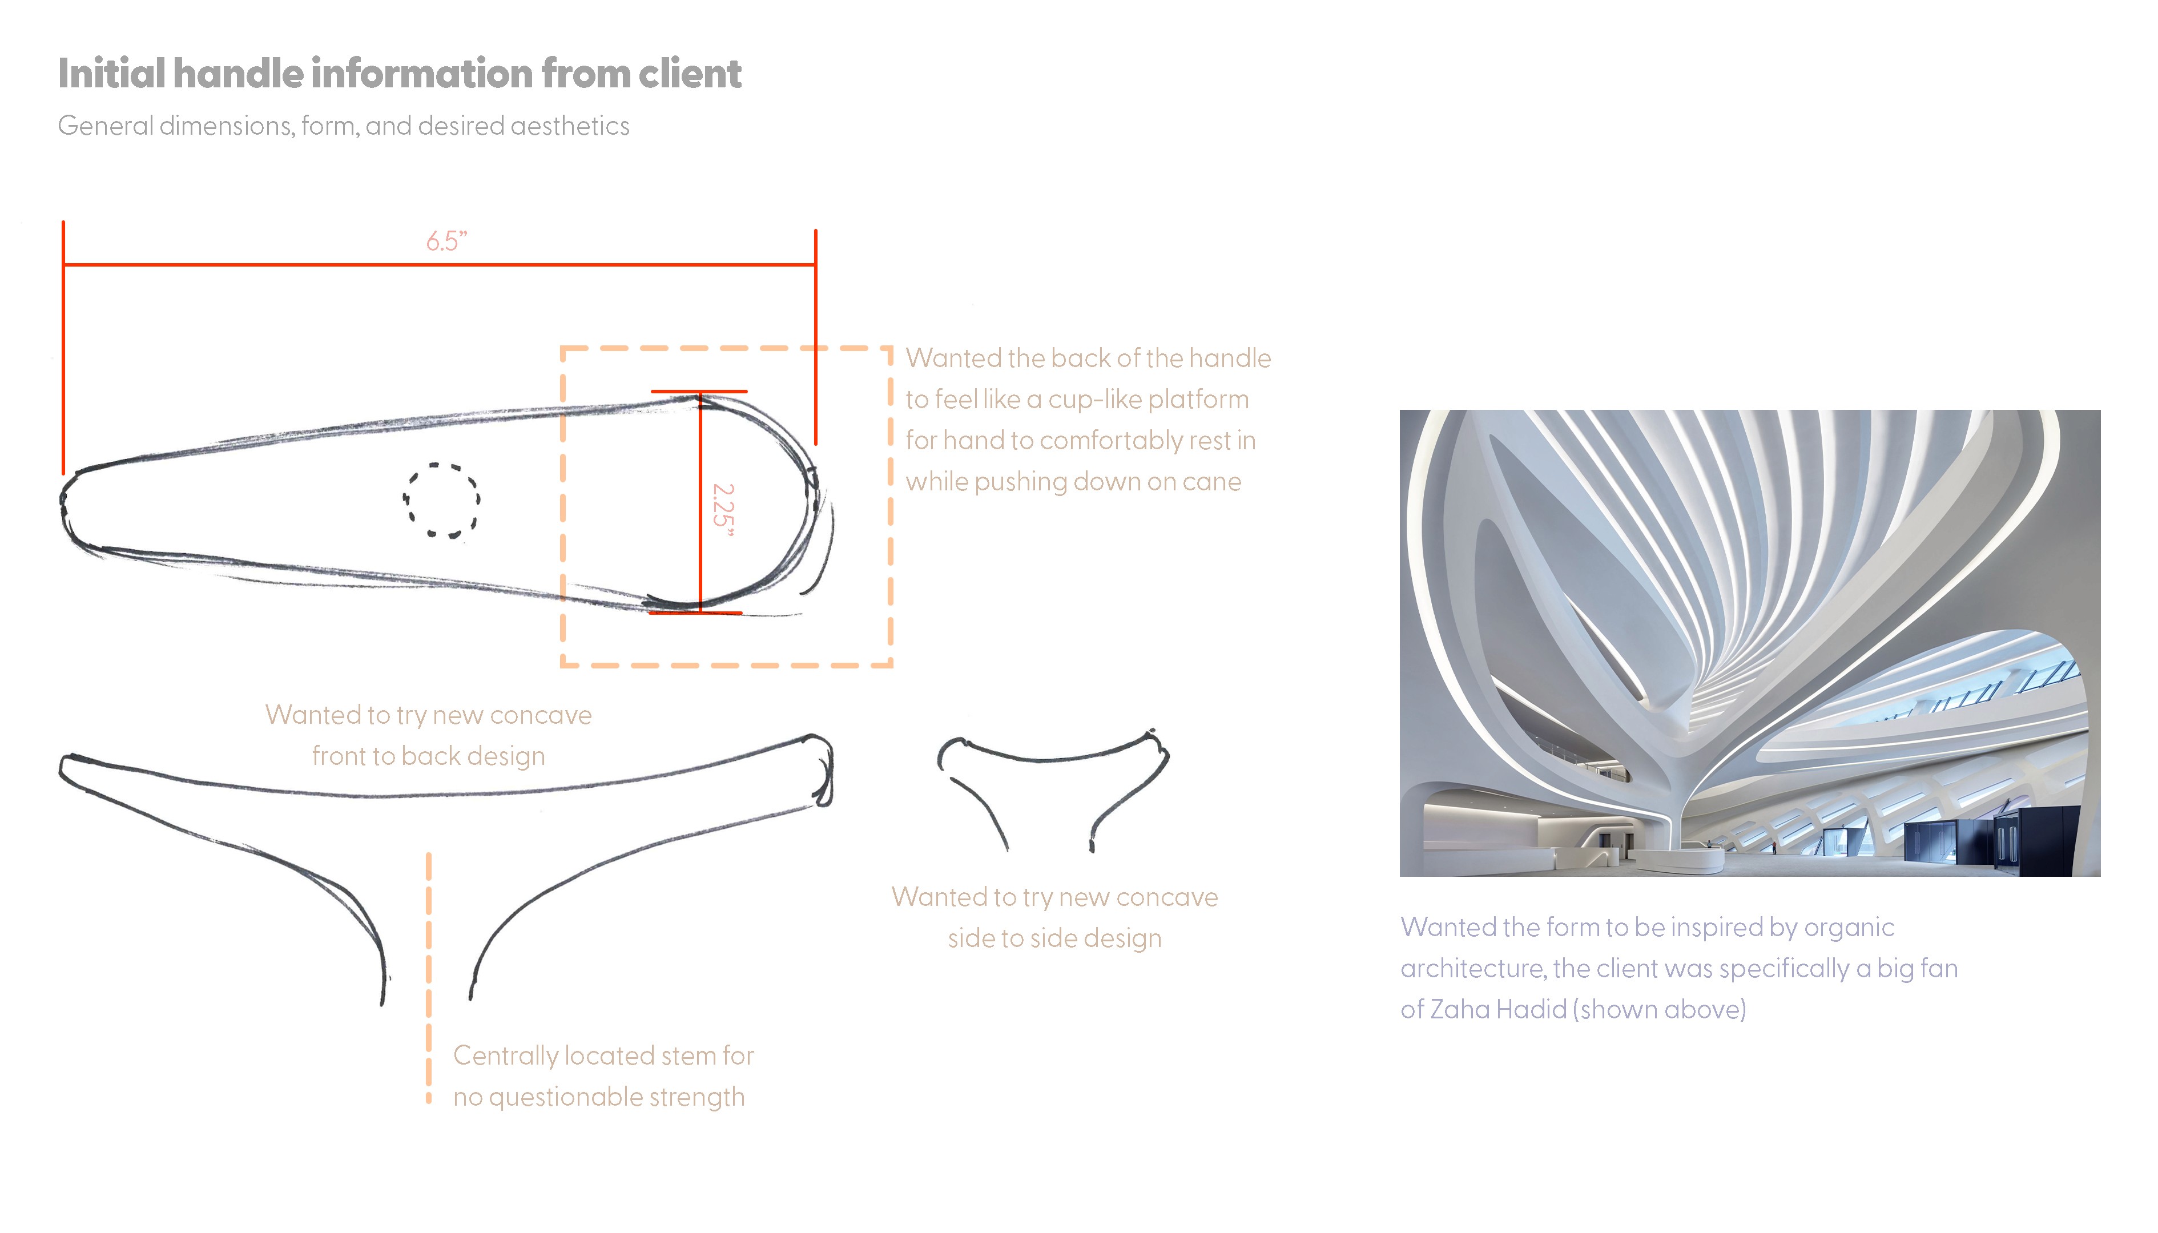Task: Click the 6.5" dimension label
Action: pos(446,241)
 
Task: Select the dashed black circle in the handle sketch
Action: pos(441,501)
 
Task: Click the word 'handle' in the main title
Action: pos(250,74)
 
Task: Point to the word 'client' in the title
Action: pos(690,74)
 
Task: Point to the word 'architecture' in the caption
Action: pos(1472,969)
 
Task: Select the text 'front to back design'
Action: pos(429,756)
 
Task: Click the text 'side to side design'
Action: pos(1054,938)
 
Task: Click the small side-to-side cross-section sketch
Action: pos(1053,783)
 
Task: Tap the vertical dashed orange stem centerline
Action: pos(429,974)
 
